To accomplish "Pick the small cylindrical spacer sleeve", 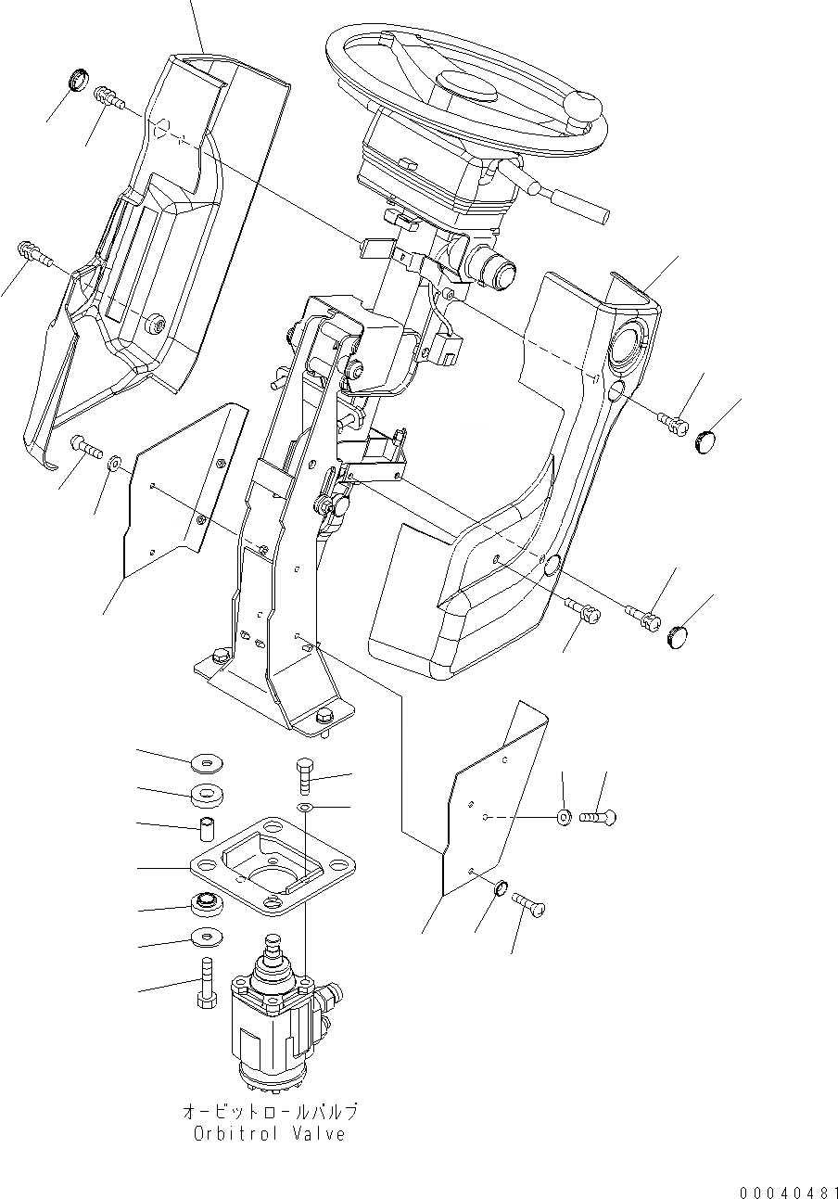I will click(209, 827).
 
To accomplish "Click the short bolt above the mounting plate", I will click(307, 772).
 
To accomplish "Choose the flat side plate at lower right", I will click(491, 797).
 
